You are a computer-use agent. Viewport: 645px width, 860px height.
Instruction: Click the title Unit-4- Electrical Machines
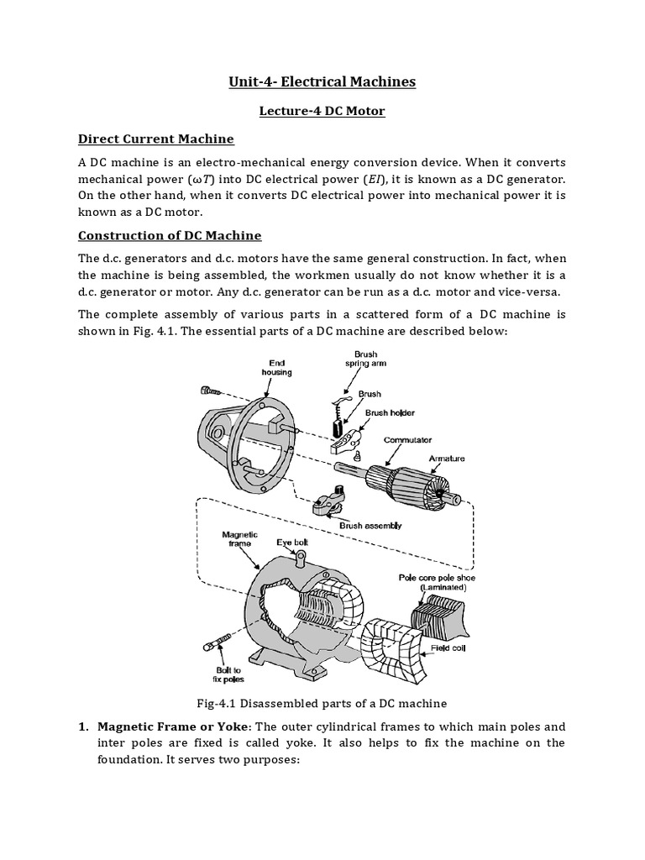tap(322, 81)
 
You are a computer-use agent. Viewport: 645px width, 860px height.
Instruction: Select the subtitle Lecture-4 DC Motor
tap(322, 111)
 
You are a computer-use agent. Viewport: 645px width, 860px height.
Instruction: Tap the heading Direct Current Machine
tap(155, 139)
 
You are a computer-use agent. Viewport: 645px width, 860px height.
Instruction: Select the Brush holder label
tap(390, 412)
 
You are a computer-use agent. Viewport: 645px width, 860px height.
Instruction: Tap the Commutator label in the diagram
tap(407, 439)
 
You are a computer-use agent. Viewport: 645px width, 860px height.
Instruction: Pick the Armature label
tap(446, 459)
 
